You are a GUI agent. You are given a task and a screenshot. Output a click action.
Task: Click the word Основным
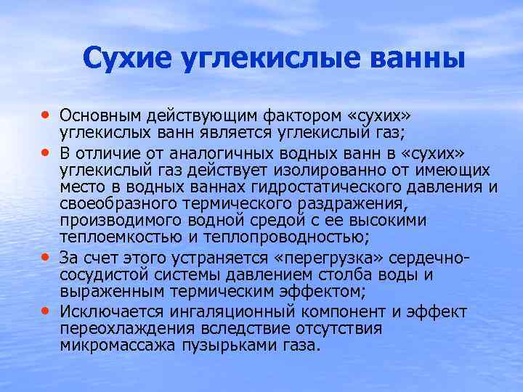(104, 117)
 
